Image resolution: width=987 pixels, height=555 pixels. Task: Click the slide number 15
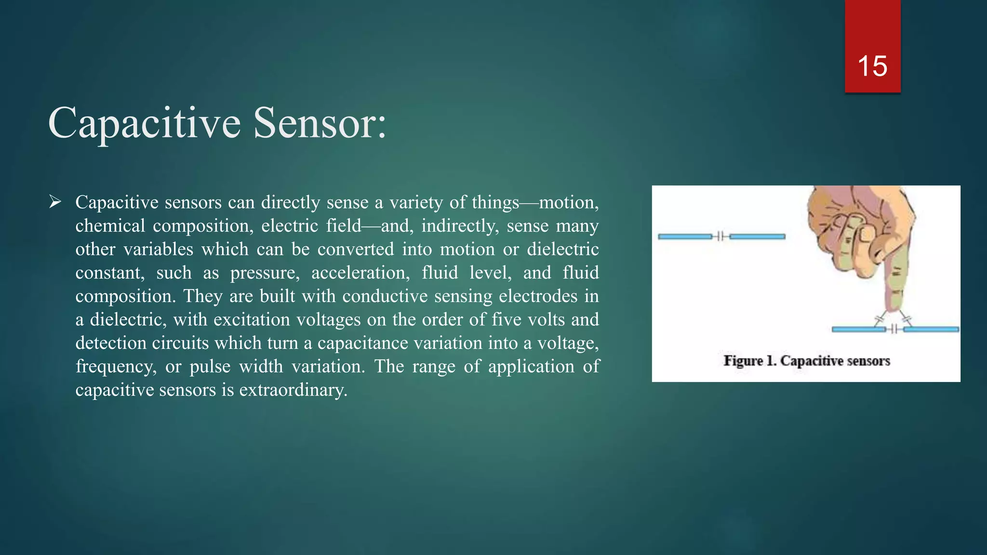click(872, 66)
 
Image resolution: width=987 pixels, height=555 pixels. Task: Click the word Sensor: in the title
click(320, 123)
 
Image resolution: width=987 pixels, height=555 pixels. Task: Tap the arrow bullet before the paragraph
click(55, 202)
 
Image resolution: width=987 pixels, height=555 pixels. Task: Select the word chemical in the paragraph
click(110, 226)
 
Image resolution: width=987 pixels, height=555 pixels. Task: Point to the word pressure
click(265, 273)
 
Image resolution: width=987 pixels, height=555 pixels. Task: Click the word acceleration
click(360, 273)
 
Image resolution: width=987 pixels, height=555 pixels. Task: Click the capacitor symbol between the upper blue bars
click(720, 236)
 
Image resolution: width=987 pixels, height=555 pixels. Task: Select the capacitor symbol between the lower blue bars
click(894, 330)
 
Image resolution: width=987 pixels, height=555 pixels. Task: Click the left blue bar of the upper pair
click(685, 237)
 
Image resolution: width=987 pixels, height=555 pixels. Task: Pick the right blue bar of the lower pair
click(931, 330)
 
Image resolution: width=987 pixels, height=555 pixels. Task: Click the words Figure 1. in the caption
click(749, 361)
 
